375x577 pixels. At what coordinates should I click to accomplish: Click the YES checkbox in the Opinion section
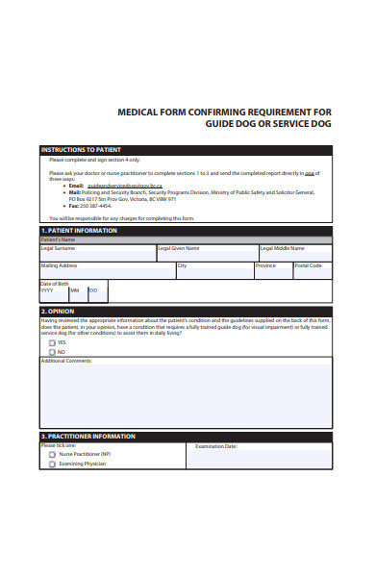52,342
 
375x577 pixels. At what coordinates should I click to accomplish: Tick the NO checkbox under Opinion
52,352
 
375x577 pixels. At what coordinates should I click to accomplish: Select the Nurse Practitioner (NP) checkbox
52,454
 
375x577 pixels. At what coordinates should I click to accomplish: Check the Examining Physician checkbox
52,464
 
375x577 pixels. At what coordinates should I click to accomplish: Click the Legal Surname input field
97,255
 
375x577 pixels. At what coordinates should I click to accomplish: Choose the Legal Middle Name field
294,255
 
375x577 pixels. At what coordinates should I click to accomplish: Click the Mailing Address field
106,271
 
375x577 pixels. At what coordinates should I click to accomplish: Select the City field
213,271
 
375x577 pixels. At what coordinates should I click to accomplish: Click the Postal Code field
312,271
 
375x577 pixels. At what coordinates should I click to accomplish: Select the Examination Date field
259,458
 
